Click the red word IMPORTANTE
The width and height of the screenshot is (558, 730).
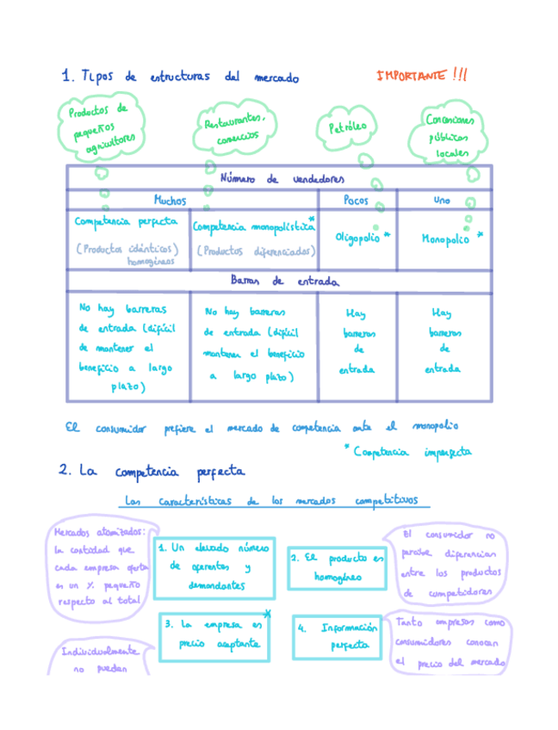tap(411, 76)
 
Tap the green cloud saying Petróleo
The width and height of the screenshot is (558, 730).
tap(348, 127)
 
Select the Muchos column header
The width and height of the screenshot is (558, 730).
tap(169, 200)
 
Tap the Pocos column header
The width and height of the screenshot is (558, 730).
tap(356, 200)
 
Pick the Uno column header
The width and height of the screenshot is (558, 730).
tap(443, 200)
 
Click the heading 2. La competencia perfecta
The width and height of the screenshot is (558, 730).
tap(152, 471)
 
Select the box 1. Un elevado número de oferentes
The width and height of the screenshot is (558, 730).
tap(214, 567)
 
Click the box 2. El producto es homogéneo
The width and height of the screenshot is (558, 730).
tap(337, 567)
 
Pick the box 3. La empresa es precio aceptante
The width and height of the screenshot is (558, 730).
tap(214, 635)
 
